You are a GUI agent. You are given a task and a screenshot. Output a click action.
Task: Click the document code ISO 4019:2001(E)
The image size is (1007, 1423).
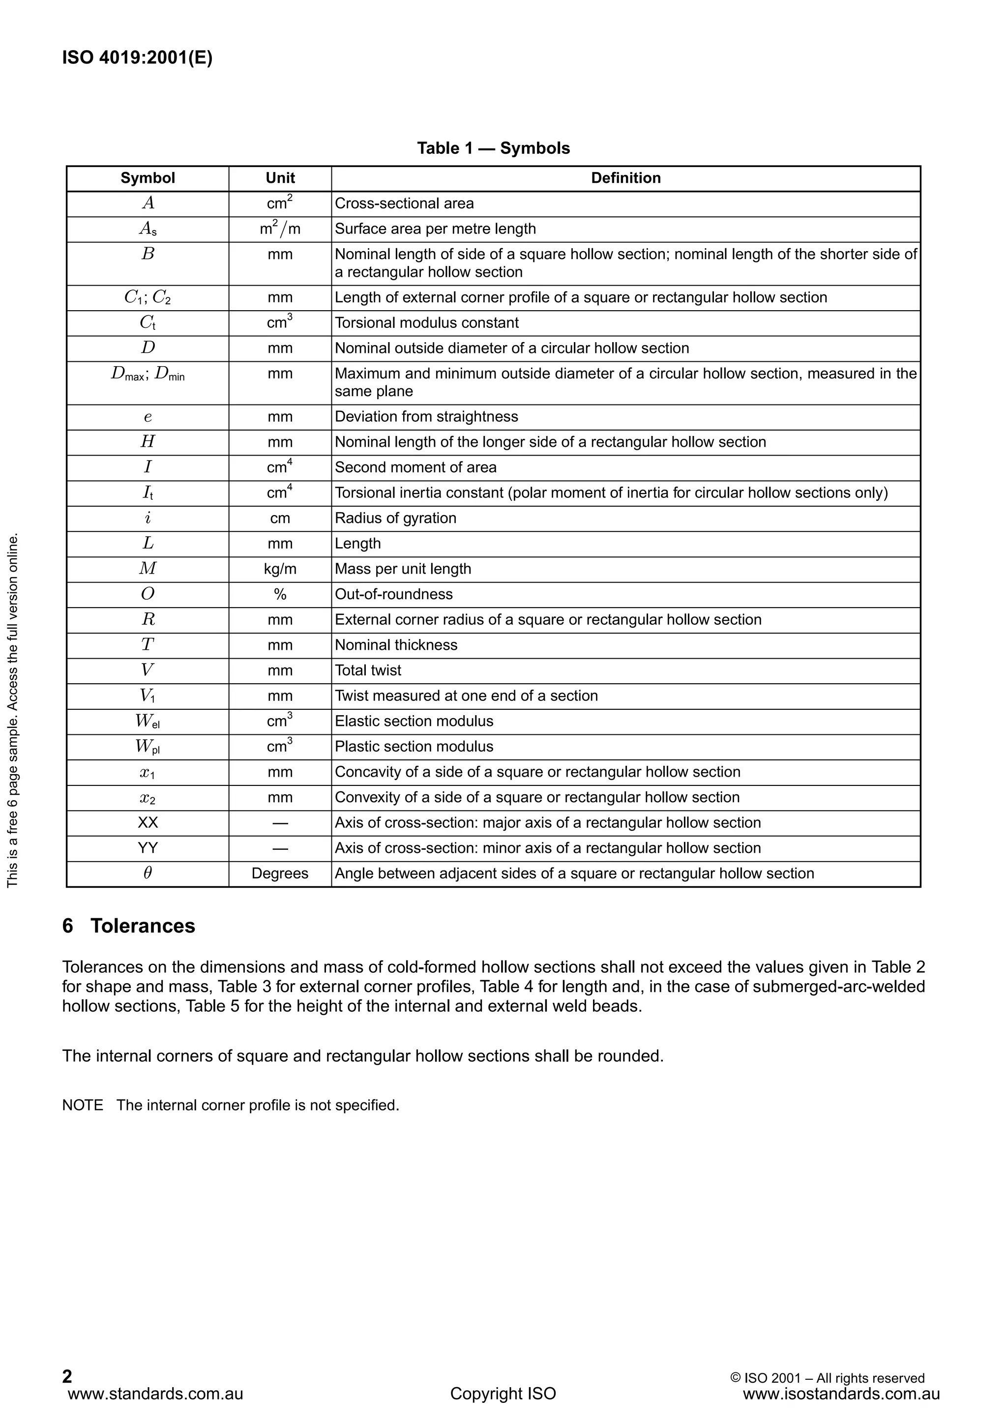(137, 58)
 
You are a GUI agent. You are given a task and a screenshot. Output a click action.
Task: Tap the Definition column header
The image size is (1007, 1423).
(625, 178)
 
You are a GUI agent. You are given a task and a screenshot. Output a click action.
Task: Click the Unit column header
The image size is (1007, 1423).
(280, 178)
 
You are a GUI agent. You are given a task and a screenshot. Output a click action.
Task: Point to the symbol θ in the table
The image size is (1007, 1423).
(148, 873)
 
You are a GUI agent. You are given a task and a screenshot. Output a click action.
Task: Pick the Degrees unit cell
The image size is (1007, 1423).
(280, 874)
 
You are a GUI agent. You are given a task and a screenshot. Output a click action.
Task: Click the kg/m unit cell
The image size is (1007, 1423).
(280, 569)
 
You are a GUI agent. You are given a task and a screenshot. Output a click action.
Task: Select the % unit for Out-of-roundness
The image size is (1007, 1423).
(280, 594)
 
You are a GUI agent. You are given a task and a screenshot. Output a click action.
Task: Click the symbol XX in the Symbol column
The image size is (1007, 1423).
(148, 822)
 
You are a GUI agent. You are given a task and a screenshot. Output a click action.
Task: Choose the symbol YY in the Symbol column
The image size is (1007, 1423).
(148, 848)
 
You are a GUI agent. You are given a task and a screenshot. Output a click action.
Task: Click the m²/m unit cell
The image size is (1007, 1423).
(280, 229)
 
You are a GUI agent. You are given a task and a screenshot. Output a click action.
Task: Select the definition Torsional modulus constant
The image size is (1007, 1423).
(427, 323)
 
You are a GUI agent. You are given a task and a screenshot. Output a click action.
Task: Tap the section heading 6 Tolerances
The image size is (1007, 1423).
(129, 926)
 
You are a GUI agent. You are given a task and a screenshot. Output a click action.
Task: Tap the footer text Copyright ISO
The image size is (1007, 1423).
(503, 1394)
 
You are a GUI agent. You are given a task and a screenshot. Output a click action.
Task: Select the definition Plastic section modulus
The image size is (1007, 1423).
(414, 747)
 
